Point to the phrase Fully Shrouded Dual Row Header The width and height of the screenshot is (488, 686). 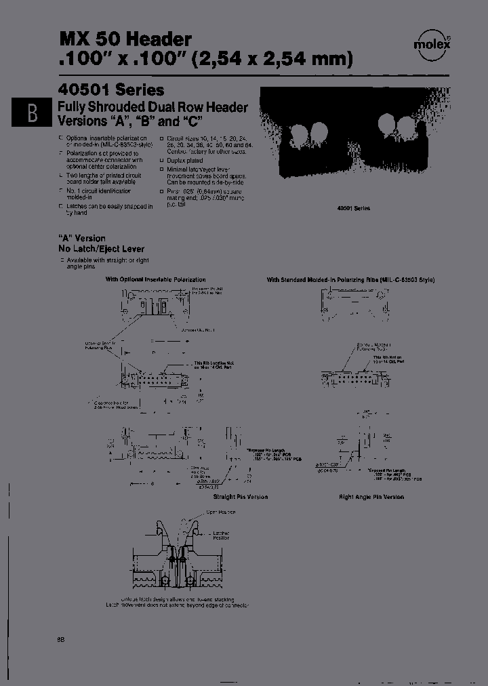[x=153, y=107]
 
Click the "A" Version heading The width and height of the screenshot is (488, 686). [x=82, y=238]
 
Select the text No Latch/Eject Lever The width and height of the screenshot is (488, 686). [x=101, y=249]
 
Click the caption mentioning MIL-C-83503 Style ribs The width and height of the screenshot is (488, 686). [x=350, y=279]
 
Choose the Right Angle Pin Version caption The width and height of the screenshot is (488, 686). [x=371, y=497]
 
